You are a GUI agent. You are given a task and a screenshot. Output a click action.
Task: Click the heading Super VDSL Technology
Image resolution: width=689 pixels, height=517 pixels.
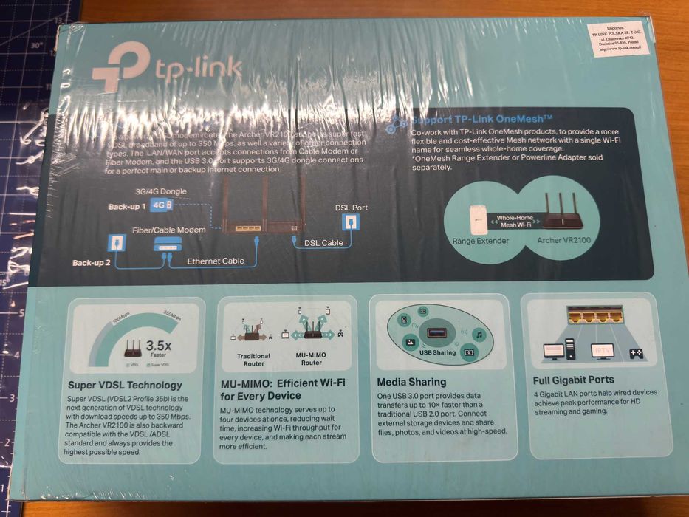[125, 385]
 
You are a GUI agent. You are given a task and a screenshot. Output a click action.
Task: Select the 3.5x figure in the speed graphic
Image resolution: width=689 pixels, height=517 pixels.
[159, 345]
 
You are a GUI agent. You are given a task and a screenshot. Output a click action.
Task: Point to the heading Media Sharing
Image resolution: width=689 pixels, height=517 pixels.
[411, 382]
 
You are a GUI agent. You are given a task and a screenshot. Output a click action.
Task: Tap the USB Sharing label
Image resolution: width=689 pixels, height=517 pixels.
[437, 352]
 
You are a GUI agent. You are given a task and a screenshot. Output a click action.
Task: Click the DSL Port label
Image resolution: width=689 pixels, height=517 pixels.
[351, 208]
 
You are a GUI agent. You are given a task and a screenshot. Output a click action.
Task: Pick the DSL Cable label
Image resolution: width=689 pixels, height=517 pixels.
[323, 242]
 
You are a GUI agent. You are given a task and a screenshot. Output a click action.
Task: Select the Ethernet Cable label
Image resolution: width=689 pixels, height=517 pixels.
[215, 261]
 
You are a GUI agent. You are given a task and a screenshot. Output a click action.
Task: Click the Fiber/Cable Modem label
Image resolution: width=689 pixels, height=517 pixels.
[168, 230]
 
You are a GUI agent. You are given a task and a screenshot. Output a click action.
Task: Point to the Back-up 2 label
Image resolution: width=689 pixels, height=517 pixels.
[91, 262]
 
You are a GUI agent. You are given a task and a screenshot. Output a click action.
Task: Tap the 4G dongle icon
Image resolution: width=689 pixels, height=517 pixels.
[162, 205]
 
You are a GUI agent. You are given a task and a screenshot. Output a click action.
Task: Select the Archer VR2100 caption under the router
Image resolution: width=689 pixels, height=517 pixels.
[569, 240]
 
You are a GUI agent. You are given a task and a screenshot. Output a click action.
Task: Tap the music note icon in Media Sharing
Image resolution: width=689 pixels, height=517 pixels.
[479, 335]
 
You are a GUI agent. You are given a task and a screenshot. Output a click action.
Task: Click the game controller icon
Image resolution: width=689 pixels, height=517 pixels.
[635, 353]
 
